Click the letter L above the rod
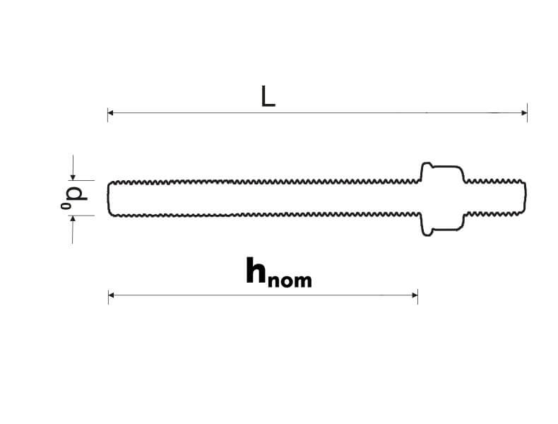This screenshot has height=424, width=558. point(268,96)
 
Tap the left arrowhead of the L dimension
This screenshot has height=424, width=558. point(111,112)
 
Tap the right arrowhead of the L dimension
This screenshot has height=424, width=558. point(523,112)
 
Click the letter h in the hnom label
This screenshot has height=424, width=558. point(256,271)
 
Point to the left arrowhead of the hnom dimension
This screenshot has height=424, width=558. point(112,295)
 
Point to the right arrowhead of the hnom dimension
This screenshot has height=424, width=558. point(414,295)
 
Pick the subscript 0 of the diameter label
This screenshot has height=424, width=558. point(65,206)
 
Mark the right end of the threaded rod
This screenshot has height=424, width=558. point(524,199)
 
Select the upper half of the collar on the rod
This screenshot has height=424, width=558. point(442,172)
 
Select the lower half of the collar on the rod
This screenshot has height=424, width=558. point(442,225)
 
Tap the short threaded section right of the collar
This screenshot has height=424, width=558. point(494,199)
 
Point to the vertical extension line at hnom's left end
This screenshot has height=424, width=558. point(108,295)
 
